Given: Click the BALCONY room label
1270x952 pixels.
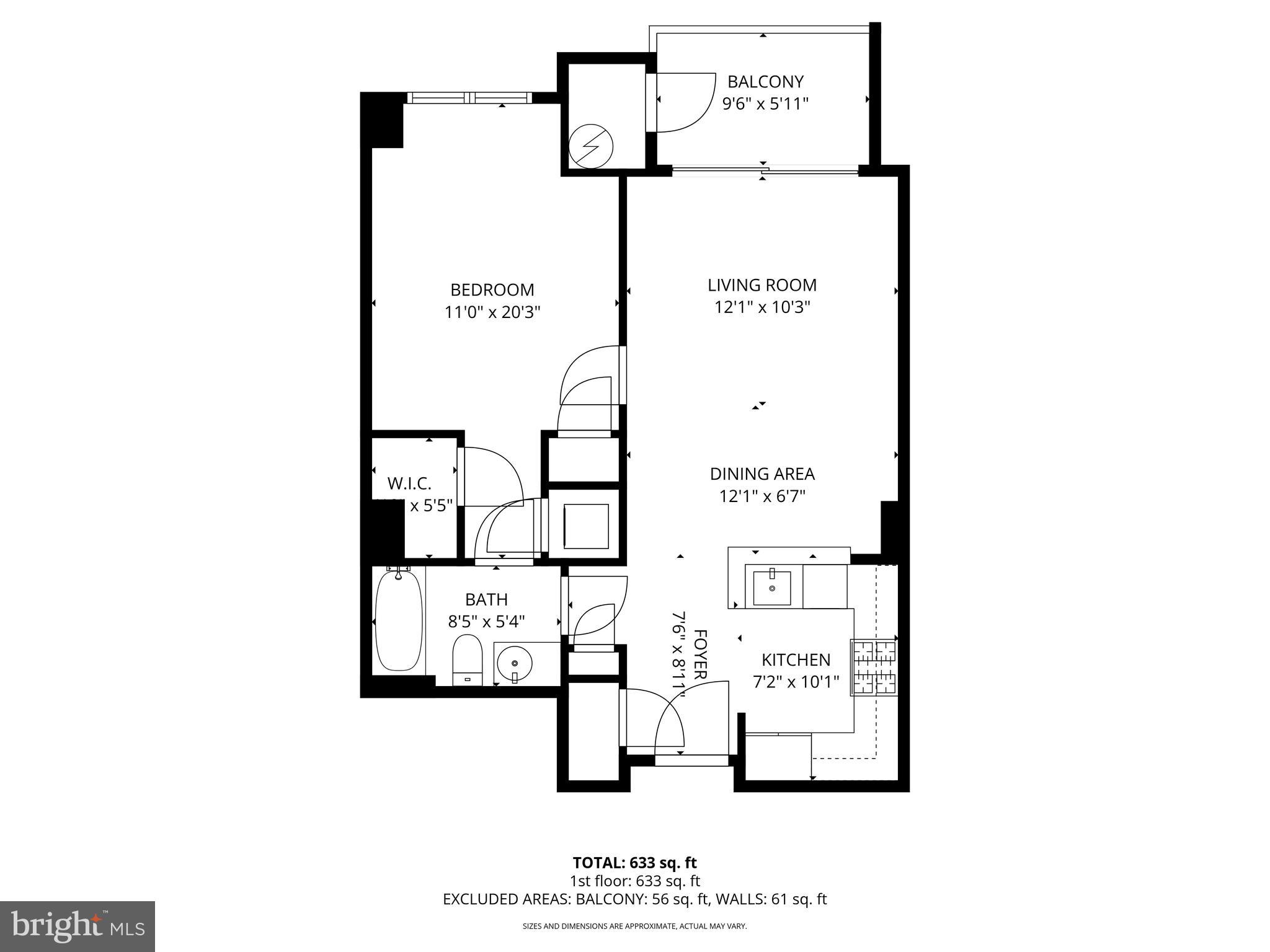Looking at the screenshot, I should [x=765, y=82].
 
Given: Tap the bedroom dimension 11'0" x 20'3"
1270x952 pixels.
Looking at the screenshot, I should [x=492, y=312].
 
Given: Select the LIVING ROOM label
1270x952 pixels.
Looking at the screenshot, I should [x=762, y=285].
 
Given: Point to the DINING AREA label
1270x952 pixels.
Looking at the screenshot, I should [x=762, y=474].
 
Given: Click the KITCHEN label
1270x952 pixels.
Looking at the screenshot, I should [x=796, y=660].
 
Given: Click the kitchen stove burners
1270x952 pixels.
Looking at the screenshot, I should [x=873, y=667].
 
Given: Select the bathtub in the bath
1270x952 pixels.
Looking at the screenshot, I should [x=399, y=621].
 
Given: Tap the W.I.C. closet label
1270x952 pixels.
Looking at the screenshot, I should [x=409, y=483].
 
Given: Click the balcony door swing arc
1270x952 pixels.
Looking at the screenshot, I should [x=688, y=105].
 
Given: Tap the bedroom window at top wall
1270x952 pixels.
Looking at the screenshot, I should [x=469, y=98].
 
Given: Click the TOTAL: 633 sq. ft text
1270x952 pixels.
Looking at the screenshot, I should [x=634, y=863].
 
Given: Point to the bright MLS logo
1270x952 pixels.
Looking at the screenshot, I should [x=78, y=926].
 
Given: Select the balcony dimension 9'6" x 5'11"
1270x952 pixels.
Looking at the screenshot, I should [x=765, y=104].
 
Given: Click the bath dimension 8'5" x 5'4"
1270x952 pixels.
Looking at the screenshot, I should [x=486, y=622].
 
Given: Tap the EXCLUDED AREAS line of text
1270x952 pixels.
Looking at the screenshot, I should [x=634, y=899].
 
